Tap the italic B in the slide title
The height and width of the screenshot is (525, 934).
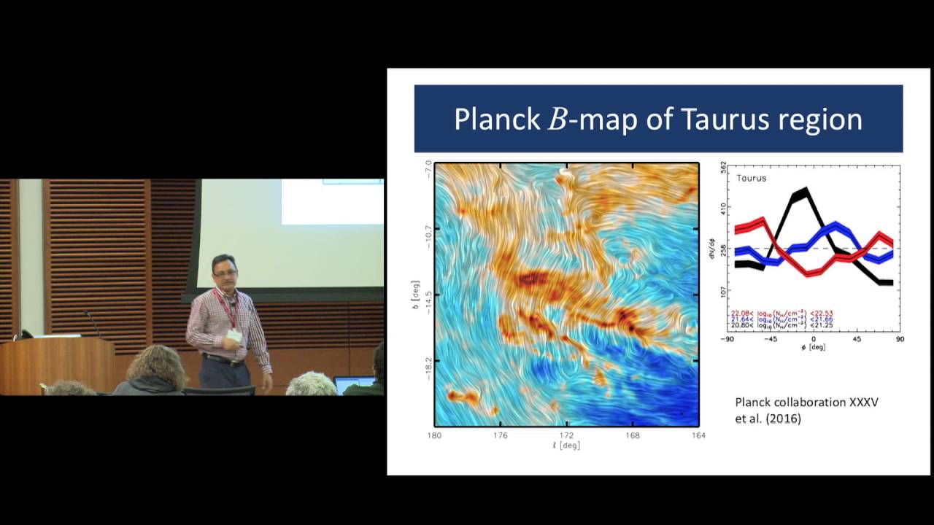click(x=557, y=119)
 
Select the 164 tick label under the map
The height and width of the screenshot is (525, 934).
click(x=698, y=436)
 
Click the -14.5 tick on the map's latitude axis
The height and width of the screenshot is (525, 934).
click(x=428, y=295)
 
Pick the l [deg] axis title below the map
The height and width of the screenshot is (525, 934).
click(x=566, y=446)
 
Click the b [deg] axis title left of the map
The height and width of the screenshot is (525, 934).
click(x=415, y=295)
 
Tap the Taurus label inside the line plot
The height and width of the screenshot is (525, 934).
click(x=751, y=178)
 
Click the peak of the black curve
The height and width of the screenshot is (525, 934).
click(x=801, y=192)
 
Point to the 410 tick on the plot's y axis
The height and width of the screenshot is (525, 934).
click(x=723, y=207)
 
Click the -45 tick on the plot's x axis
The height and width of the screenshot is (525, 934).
click(x=768, y=339)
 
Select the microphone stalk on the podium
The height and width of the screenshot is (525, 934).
click(x=93, y=324)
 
